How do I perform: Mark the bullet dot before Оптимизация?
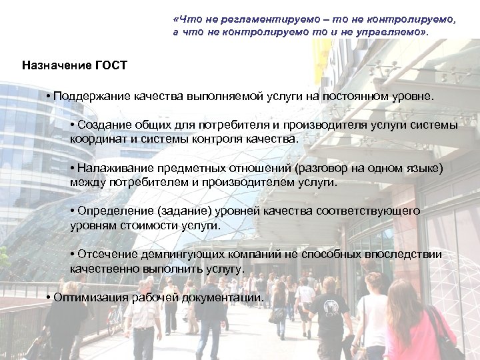49,297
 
